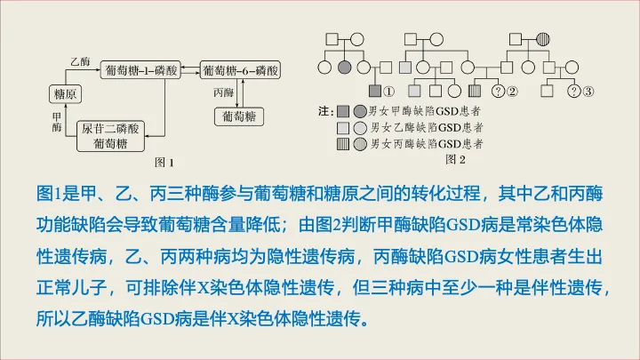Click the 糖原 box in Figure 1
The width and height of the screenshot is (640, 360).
(x=64, y=93)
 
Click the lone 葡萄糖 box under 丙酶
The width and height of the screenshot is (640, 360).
(x=238, y=116)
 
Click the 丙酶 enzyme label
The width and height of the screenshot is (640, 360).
(x=223, y=92)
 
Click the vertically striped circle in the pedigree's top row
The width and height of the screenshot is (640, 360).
(x=544, y=39)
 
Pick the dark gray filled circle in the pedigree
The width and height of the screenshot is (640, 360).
(x=347, y=68)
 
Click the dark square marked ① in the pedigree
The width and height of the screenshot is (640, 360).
(x=374, y=91)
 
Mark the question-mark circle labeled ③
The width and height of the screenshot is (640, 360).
(x=574, y=91)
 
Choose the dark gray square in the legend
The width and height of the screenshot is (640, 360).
(x=343, y=111)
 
